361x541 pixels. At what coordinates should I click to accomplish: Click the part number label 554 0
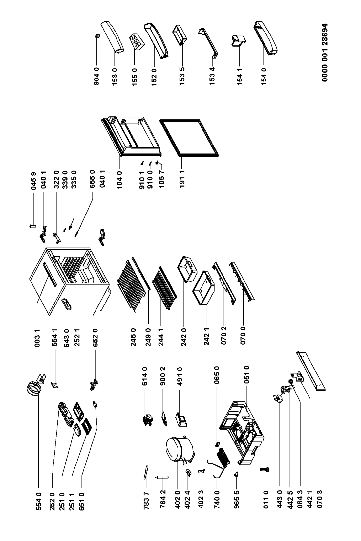click(x=38, y=501)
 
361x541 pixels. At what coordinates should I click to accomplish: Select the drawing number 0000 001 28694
click(x=325, y=53)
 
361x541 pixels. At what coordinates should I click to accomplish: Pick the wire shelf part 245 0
click(x=132, y=285)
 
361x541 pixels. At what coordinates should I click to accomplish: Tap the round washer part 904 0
click(x=97, y=36)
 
